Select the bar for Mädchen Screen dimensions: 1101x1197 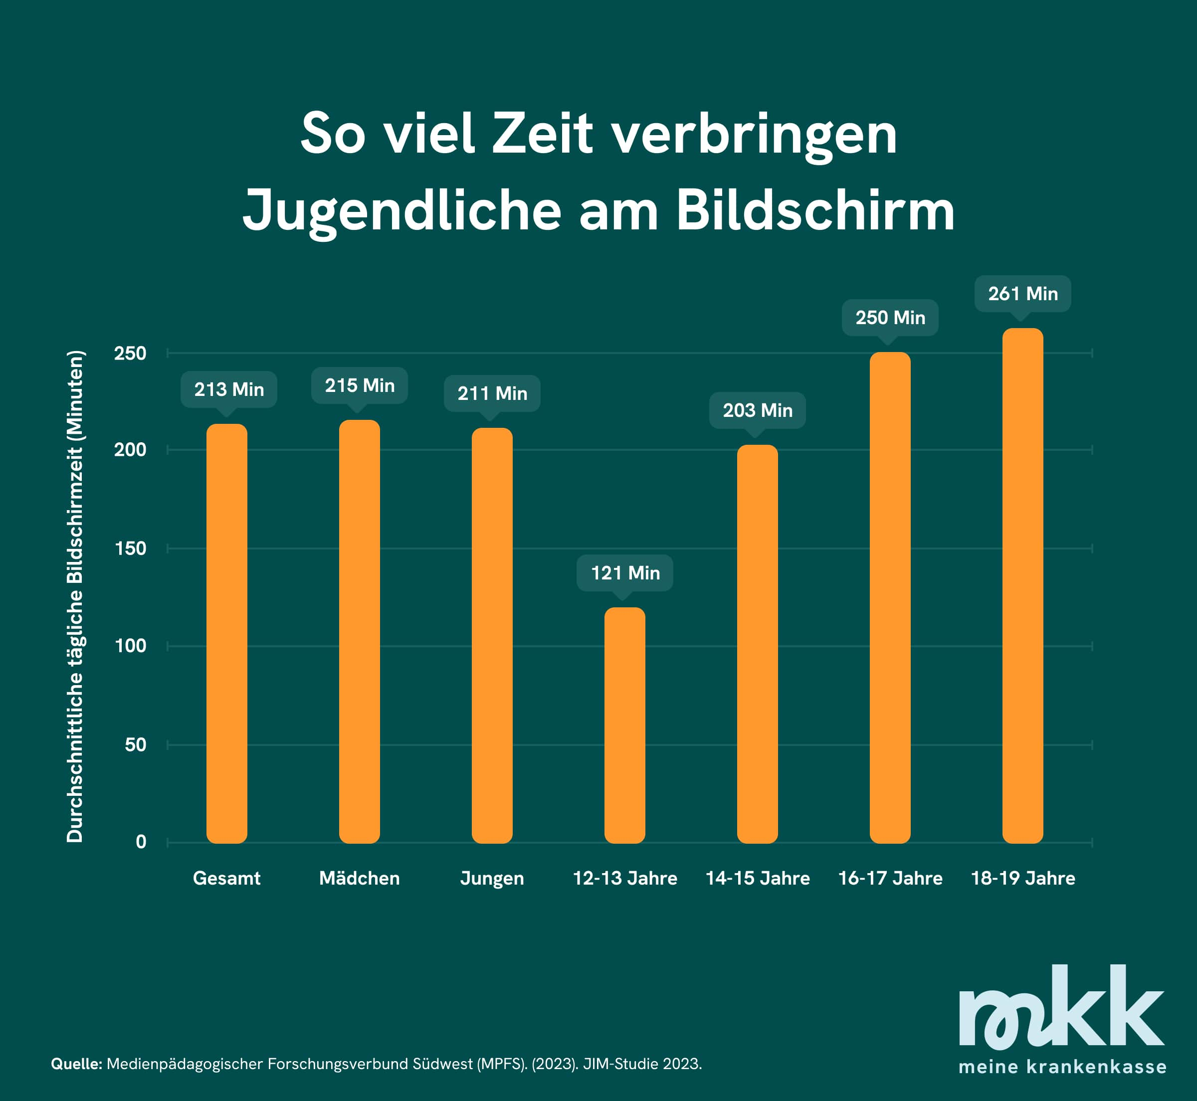(x=359, y=631)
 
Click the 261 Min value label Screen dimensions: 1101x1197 (x=1022, y=294)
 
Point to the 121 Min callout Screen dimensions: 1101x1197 (x=624, y=573)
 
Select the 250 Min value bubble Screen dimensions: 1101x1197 (x=890, y=318)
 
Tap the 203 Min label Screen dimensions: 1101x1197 (x=757, y=410)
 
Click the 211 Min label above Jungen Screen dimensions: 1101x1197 (x=492, y=393)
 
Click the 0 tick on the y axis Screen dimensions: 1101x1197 (x=141, y=842)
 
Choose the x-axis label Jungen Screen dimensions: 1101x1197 (x=492, y=878)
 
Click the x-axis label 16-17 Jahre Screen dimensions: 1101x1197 (x=890, y=878)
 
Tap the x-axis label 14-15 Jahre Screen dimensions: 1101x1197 (x=757, y=878)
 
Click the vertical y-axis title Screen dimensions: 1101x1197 (x=75, y=596)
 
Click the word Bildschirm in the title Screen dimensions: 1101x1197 (x=815, y=211)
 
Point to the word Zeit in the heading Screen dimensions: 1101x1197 (x=542, y=134)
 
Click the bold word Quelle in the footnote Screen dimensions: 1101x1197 (x=76, y=1064)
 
